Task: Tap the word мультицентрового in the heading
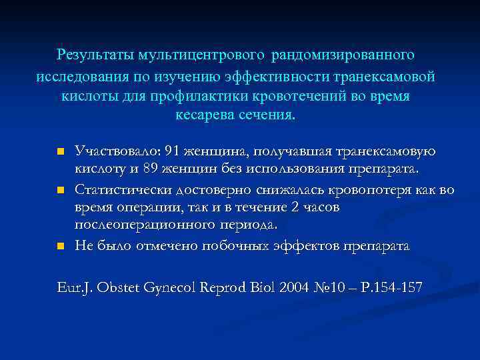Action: click(x=200, y=53)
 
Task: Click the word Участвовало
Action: click(x=113, y=152)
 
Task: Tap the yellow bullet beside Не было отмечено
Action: click(x=59, y=247)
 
